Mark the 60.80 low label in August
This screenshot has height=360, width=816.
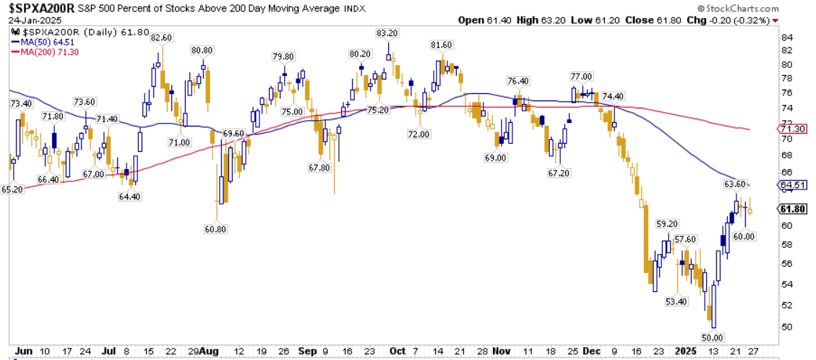pos(215,230)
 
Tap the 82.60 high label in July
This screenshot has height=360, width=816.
pos(162,38)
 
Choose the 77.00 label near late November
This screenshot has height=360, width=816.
pos(581,77)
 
